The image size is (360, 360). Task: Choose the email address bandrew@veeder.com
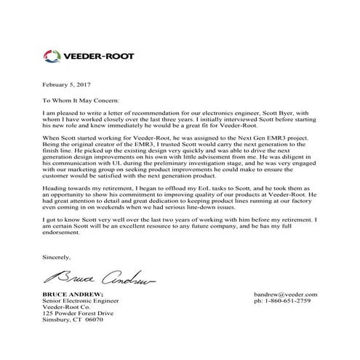pyautogui.click(x=287, y=314)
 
